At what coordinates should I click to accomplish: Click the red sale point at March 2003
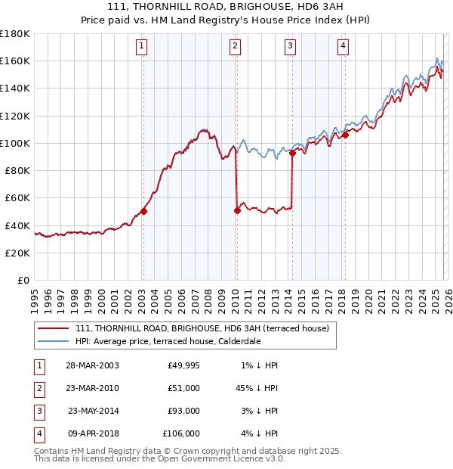point(143,212)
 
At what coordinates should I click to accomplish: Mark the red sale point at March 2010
point(237,210)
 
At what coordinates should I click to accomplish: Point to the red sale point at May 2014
point(292,153)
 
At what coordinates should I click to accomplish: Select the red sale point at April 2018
point(345,135)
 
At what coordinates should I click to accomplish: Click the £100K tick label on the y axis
point(14,143)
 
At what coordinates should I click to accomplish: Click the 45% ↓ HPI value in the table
point(257,388)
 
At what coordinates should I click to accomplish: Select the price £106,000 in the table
point(182,433)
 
